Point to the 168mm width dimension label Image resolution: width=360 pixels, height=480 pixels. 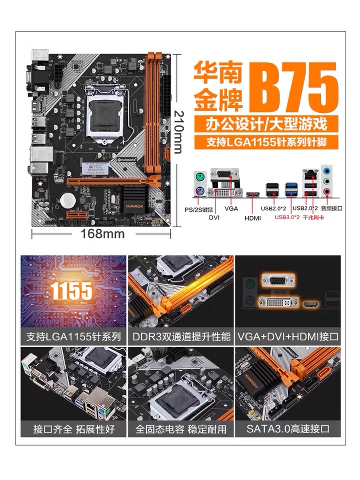[102, 233]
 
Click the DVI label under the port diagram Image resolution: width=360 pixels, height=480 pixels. [214, 217]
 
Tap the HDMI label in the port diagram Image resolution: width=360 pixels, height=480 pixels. [253, 218]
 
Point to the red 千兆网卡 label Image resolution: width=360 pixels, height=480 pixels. [312, 217]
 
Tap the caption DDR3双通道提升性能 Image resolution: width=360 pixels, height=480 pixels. [181, 336]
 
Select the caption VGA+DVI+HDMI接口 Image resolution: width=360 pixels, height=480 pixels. [288, 336]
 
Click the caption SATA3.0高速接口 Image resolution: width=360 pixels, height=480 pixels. [288, 428]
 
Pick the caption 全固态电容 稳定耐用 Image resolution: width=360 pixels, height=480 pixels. [181, 428]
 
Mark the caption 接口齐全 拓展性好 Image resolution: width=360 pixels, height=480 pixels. [73, 428]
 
